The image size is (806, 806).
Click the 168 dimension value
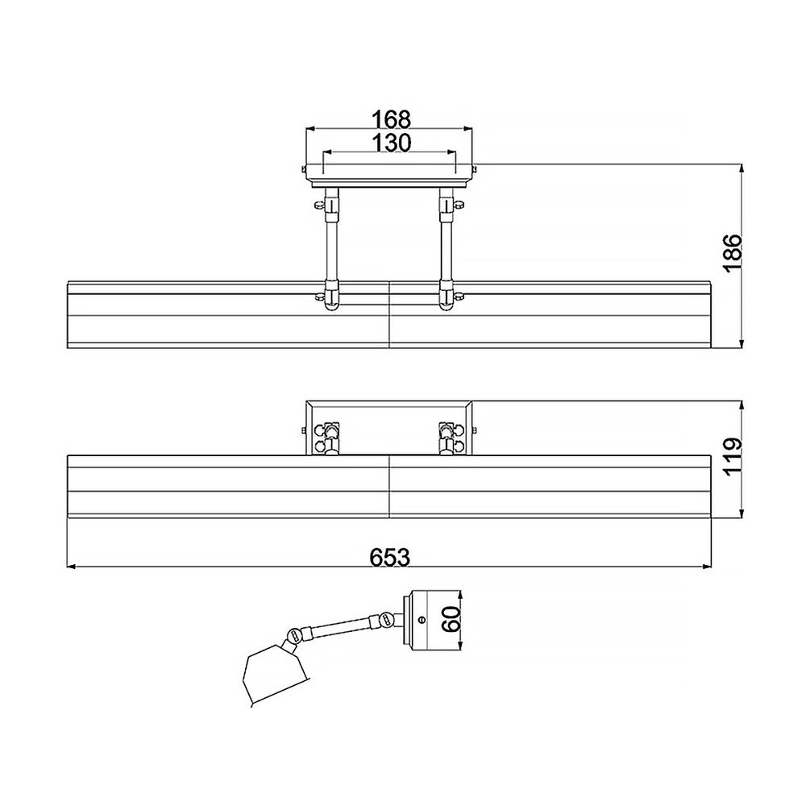click(x=391, y=119)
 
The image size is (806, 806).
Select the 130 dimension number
click(x=391, y=143)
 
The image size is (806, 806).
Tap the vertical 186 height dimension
click(x=731, y=254)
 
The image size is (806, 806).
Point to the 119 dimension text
click(x=731, y=457)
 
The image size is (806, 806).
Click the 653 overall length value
click(x=390, y=556)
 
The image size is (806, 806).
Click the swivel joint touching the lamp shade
click(x=295, y=636)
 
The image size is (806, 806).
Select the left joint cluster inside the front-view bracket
click(x=329, y=435)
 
